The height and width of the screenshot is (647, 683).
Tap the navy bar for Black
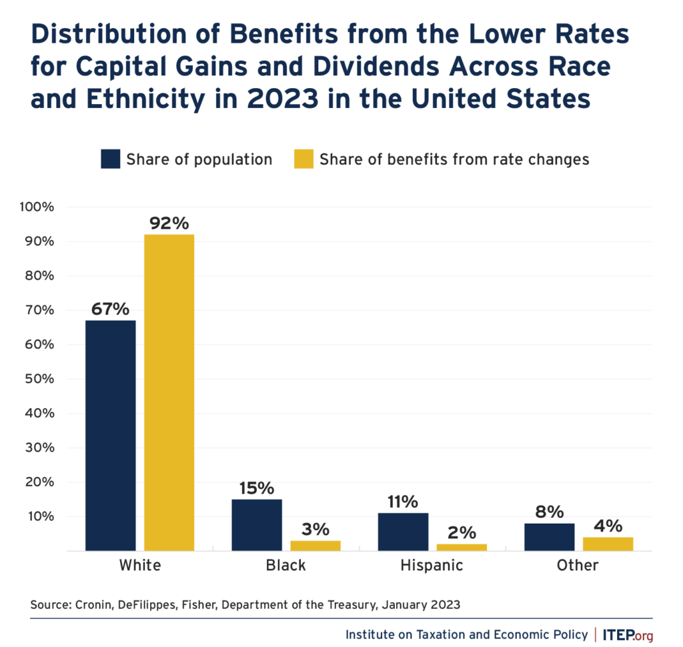(x=257, y=525)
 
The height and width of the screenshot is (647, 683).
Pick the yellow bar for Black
(x=315, y=546)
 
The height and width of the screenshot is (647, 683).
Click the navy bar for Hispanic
(x=403, y=532)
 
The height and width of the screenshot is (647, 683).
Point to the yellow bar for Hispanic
(x=462, y=547)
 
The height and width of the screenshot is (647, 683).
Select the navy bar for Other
(x=549, y=537)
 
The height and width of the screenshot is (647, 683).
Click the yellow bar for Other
(x=608, y=544)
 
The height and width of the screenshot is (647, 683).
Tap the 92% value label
(x=169, y=223)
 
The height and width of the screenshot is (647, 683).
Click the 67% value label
(x=111, y=309)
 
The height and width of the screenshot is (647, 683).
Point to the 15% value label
(x=257, y=488)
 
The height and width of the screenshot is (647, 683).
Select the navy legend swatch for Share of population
(x=110, y=159)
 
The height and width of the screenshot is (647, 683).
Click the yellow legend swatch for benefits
(x=303, y=159)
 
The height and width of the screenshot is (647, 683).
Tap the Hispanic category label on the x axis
(x=432, y=566)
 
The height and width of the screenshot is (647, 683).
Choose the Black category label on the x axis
(x=285, y=566)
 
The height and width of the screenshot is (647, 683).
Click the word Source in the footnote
(x=49, y=605)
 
